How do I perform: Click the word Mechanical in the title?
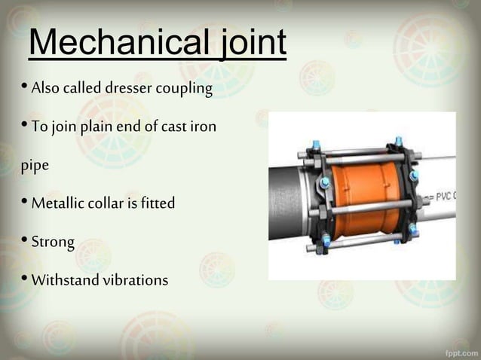[112, 44]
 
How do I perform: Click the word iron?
[201, 127]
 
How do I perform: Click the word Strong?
[53, 243]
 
